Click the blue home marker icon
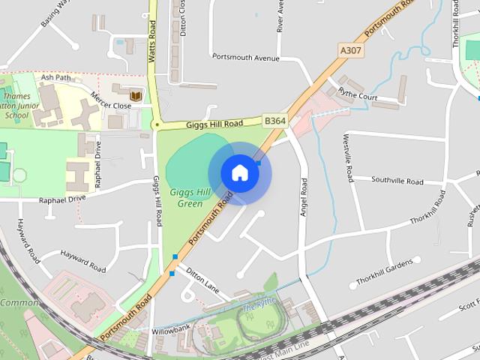tap(239, 172)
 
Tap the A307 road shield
tap(350, 50)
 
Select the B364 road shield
tap(274, 119)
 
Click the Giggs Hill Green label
tap(186, 198)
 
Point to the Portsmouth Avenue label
tap(246, 57)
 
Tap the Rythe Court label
tap(358, 96)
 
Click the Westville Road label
tap(348, 157)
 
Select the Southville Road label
tap(397, 181)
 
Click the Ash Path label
tap(55, 77)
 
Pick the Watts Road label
tap(153, 30)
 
